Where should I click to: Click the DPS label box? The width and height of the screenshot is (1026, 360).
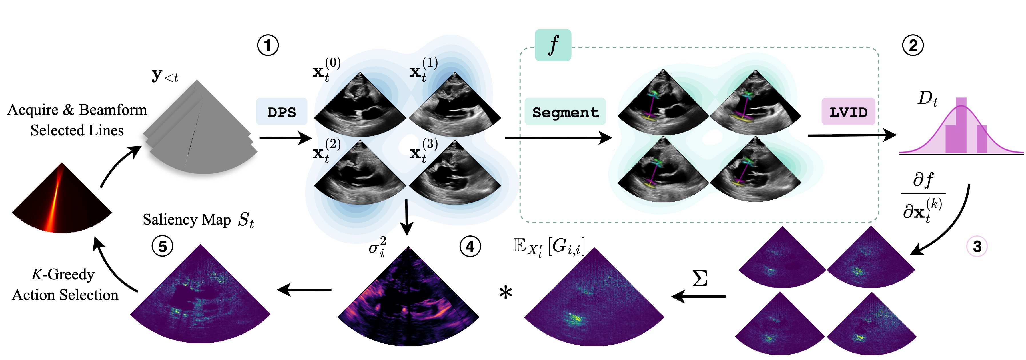[282, 112]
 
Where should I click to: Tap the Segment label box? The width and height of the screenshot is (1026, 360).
[565, 112]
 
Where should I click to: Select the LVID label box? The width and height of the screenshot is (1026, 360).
[848, 112]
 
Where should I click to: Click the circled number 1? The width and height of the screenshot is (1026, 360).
[268, 45]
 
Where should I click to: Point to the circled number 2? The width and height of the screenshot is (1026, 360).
[913, 45]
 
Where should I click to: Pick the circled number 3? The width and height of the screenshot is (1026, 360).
[977, 247]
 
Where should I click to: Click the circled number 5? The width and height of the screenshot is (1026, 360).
[163, 247]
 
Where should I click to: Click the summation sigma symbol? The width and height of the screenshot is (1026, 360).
[700, 278]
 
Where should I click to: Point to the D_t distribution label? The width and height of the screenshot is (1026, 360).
[927, 98]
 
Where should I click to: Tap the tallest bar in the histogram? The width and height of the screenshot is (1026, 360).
[961, 125]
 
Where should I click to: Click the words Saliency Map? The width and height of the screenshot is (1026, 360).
[187, 219]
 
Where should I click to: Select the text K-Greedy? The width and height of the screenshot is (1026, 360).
[63, 274]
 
